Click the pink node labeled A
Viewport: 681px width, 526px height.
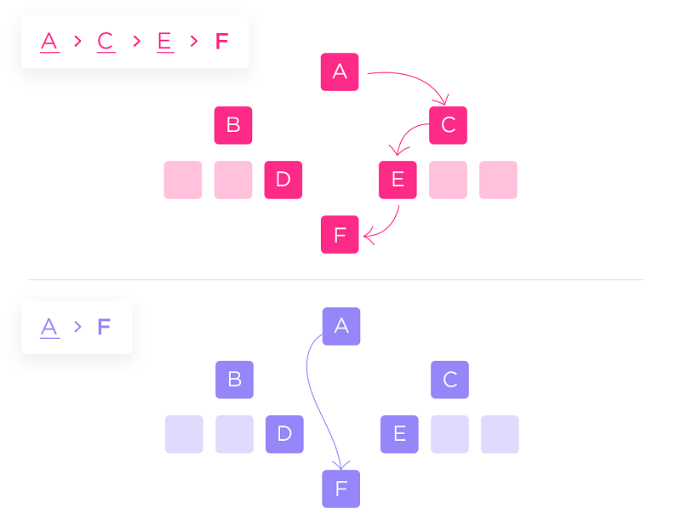[340, 71]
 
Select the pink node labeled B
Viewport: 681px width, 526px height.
[233, 125]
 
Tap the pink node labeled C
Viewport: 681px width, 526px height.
[449, 125]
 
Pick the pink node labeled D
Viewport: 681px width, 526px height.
[283, 180]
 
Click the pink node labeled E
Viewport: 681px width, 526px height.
[398, 180]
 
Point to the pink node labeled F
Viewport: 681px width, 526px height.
[340, 234]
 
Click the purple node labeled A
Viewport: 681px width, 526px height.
[341, 326]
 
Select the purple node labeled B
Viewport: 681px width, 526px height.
[234, 380]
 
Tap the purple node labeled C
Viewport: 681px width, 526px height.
[450, 380]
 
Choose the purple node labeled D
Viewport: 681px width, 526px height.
[284, 434]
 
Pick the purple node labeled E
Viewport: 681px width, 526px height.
[399, 434]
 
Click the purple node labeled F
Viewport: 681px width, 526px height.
[341, 489]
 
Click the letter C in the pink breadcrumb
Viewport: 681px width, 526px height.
[106, 41]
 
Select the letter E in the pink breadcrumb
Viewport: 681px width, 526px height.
[165, 41]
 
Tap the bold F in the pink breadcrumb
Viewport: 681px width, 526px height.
[221, 41]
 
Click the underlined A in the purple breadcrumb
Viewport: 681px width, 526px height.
[49, 327]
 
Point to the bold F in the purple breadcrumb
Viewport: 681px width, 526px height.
[104, 327]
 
